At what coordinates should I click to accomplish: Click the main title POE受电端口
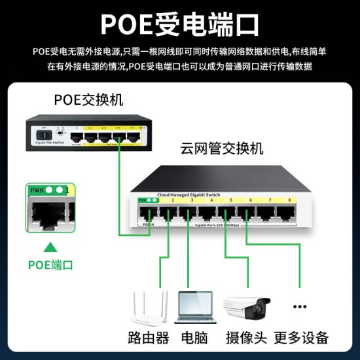pos(179,24)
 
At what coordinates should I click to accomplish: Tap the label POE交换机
pos(88,100)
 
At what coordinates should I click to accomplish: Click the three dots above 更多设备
pos(300,306)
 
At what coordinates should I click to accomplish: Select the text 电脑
pos(195,338)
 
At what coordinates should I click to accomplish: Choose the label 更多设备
pos(301,338)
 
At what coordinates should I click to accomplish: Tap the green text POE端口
pos(50,265)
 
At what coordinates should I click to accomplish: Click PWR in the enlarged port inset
pos(37,190)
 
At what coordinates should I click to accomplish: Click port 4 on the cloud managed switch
pos(209,214)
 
